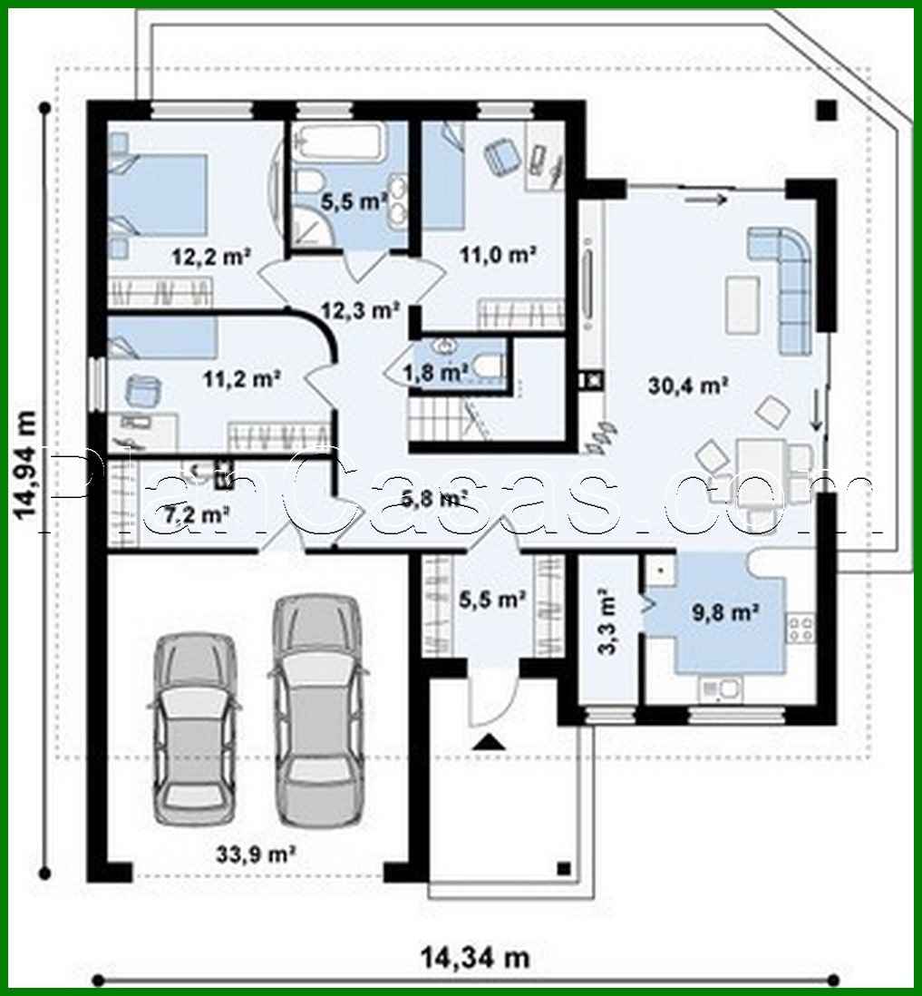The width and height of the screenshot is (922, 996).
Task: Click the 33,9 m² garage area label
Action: pyautogui.click(x=257, y=853)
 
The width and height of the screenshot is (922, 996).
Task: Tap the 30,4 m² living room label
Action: pyautogui.click(x=689, y=386)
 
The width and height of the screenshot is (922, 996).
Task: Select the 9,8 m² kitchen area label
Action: pyautogui.click(x=725, y=613)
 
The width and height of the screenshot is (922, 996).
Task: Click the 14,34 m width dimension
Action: pyautogui.click(x=474, y=957)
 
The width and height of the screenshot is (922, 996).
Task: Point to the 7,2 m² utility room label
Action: pyautogui.click(x=197, y=515)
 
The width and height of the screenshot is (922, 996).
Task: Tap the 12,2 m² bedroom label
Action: pyautogui.click(x=211, y=257)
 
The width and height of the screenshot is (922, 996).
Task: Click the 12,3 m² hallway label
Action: pyautogui.click(x=361, y=310)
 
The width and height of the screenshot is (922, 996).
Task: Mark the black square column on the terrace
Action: pyautogui.click(x=825, y=111)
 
